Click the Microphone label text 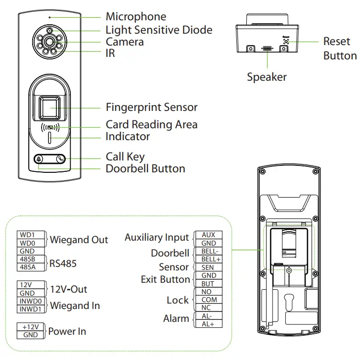pos(136,17)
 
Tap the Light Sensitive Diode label pos(159,30)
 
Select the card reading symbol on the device pos(51,127)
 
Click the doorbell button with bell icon pos(39,160)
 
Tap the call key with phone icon pos(60,160)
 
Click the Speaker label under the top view pos(267,77)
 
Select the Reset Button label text pos(340,49)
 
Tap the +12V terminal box pos(31,327)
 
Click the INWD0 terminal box pos(31,301)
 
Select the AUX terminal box pos(209,235)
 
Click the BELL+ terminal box pos(209,259)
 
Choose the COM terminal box pos(209,300)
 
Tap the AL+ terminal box pos(209,324)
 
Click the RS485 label pos(63,263)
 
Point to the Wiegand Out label pos(79,240)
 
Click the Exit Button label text pos(165,279)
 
